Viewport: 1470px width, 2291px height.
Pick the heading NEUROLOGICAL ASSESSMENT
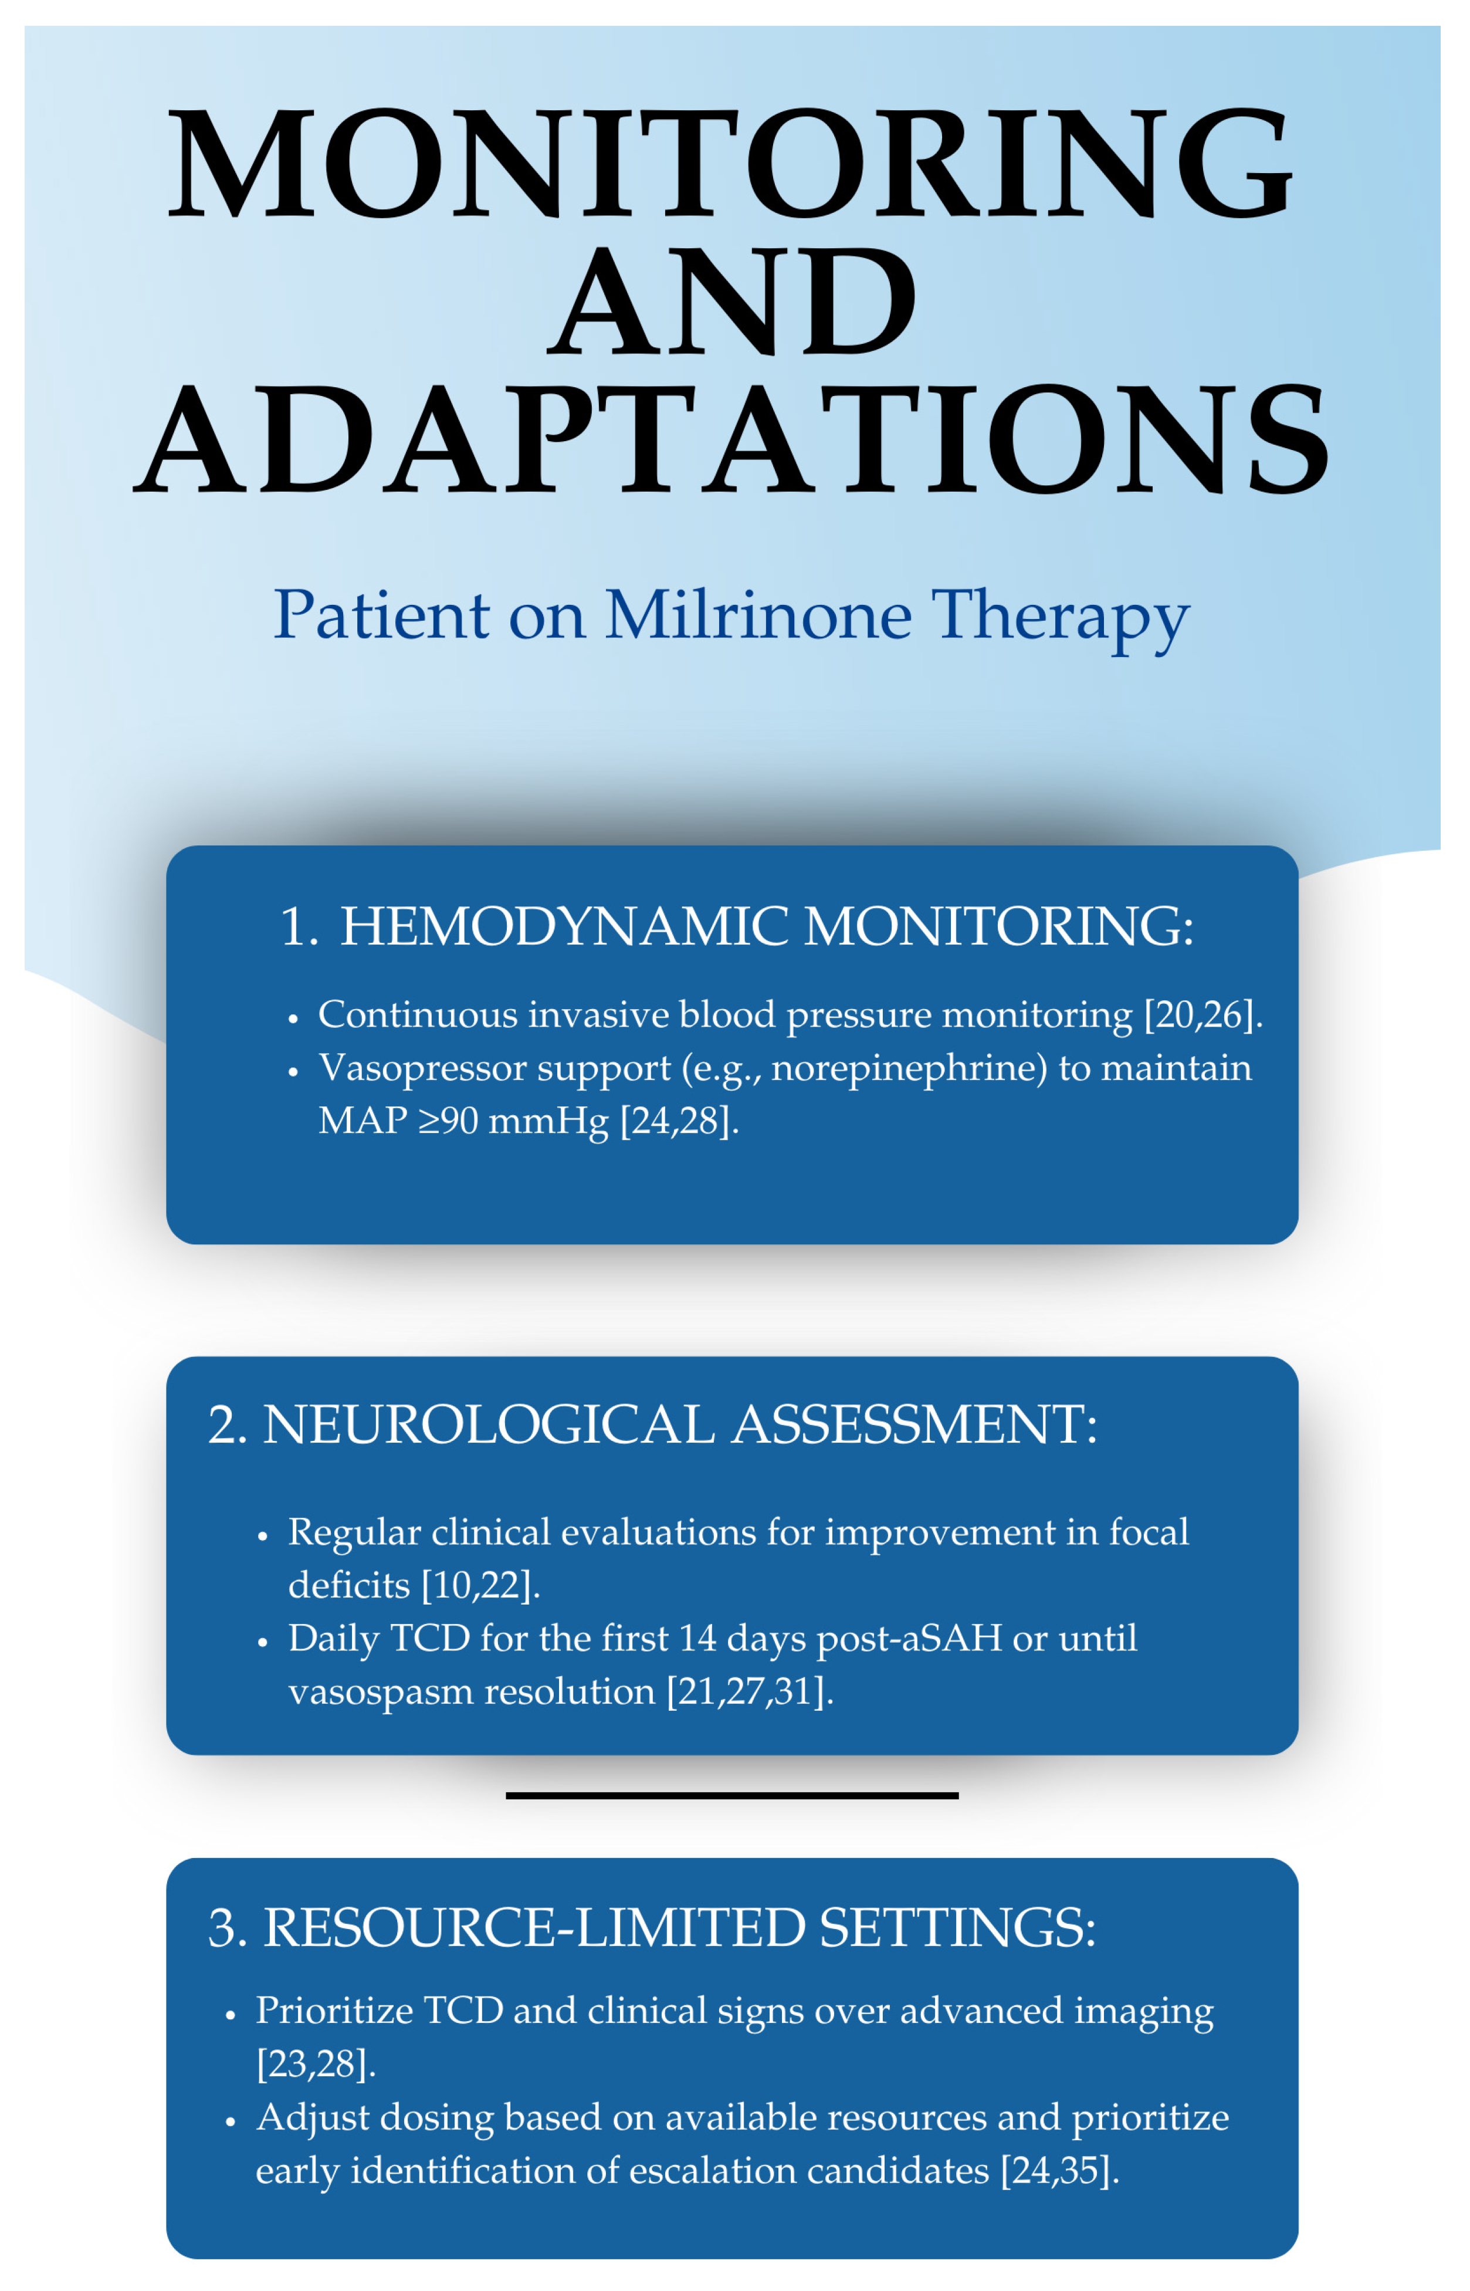pyautogui.click(x=680, y=1424)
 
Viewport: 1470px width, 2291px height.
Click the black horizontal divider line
pyautogui.click(x=732, y=1796)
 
